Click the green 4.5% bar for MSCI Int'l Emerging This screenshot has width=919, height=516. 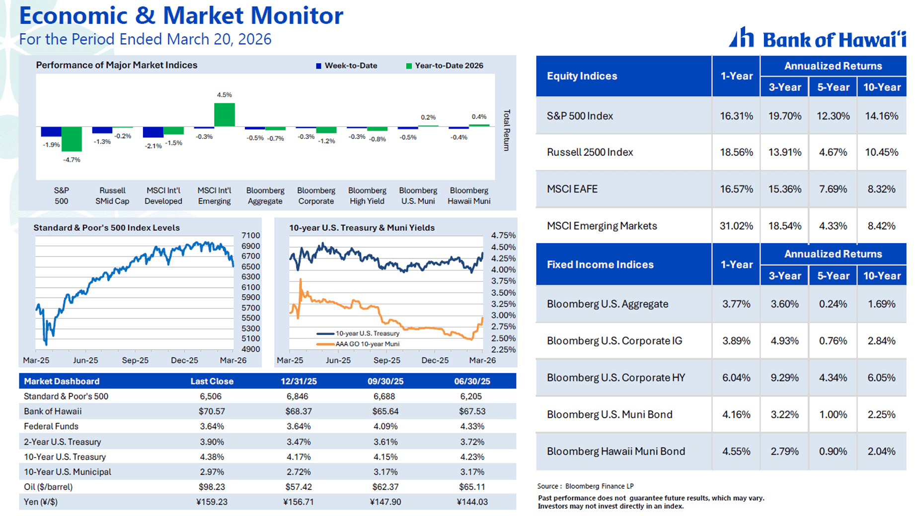coord(224,115)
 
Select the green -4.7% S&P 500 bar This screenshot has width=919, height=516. coord(72,139)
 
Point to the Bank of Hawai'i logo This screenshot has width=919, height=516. coord(817,38)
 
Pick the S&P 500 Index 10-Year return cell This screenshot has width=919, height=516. coord(881,116)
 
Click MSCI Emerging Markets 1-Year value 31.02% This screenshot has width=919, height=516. coord(736,226)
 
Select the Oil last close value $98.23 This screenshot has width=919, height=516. coord(212,487)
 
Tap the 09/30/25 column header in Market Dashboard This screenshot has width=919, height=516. coord(385,381)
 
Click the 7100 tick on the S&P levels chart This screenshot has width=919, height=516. coord(250,236)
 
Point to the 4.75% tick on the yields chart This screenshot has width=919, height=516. coord(503,236)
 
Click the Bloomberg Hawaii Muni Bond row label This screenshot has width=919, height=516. coord(615,451)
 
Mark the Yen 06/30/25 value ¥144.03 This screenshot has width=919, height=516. coord(472,502)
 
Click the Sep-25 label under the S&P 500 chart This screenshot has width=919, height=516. coord(135,360)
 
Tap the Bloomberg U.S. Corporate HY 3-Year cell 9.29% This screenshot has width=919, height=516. coord(784,378)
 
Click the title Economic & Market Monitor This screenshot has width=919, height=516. coord(181,16)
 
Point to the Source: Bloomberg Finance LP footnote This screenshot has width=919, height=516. coord(585,486)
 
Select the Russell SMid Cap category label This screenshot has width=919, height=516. coord(112,196)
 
